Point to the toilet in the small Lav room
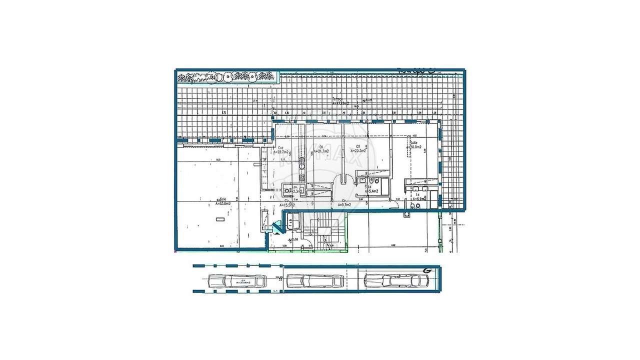(x=286, y=189)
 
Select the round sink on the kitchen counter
(x=301, y=161)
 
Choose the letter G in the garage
(x=427, y=270)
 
